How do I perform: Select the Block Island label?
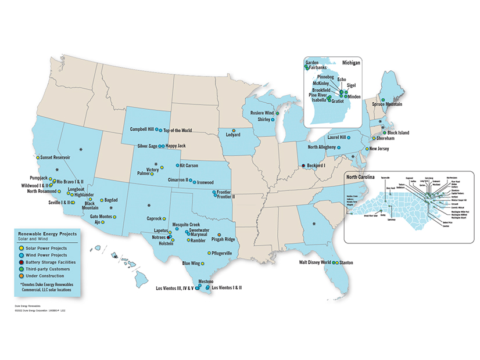click(397, 132)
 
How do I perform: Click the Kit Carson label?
click(191, 165)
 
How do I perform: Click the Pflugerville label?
click(221, 253)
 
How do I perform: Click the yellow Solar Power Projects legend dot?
click(21, 249)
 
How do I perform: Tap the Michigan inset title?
click(350, 62)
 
